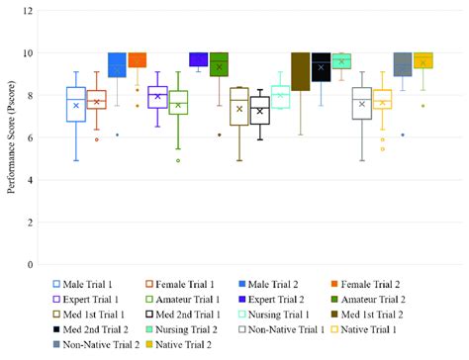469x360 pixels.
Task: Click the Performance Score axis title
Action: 11,138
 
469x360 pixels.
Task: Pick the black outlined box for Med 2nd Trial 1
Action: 259,110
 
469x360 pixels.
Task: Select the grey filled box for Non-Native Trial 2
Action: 403,64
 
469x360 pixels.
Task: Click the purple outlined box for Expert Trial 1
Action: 157,96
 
